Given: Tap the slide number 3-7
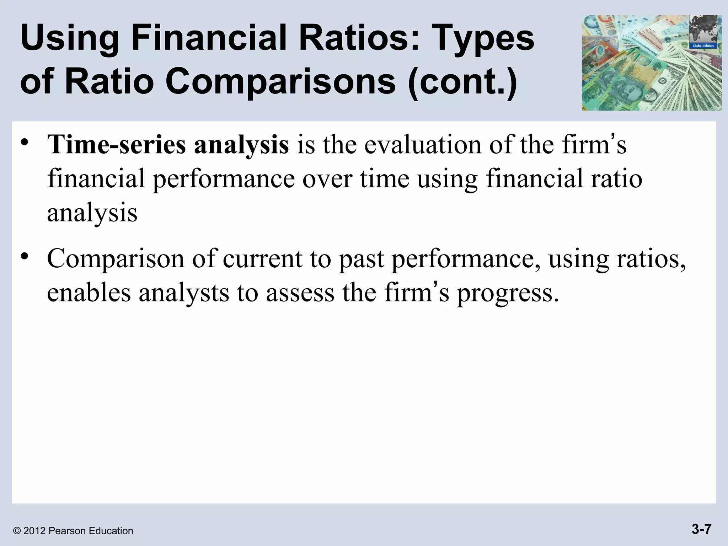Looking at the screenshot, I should (x=701, y=529).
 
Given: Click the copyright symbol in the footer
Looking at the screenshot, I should (x=16, y=531).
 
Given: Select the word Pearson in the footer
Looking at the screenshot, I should (x=67, y=531).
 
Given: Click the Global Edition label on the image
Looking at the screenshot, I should (x=703, y=46).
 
